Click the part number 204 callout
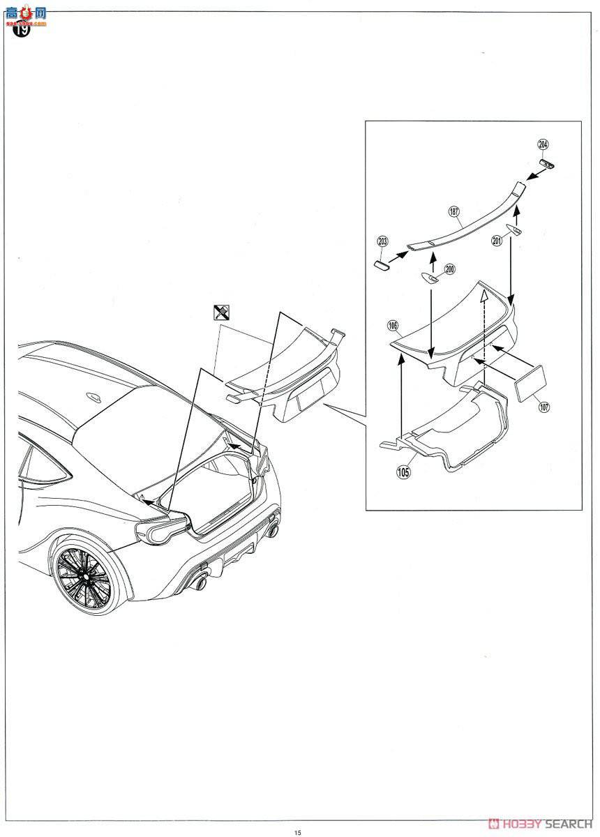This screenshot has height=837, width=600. pos(543,144)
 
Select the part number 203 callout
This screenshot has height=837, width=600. pos(382,241)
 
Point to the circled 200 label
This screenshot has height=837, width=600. pos(450,269)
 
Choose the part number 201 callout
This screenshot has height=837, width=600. pos(497,241)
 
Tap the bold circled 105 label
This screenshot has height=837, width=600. pos(403,472)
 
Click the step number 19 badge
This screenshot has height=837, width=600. pos(22,30)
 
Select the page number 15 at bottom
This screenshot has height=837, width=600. pos(298,831)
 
